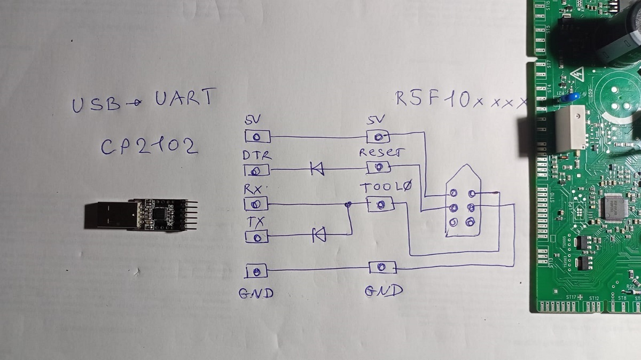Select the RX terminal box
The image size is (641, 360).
[x=256, y=204]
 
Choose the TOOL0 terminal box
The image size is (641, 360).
[x=380, y=204]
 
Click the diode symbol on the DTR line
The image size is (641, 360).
[x=317, y=170]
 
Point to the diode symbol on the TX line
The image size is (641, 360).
[x=319, y=233]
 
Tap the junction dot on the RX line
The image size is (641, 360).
[x=348, y=204]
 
